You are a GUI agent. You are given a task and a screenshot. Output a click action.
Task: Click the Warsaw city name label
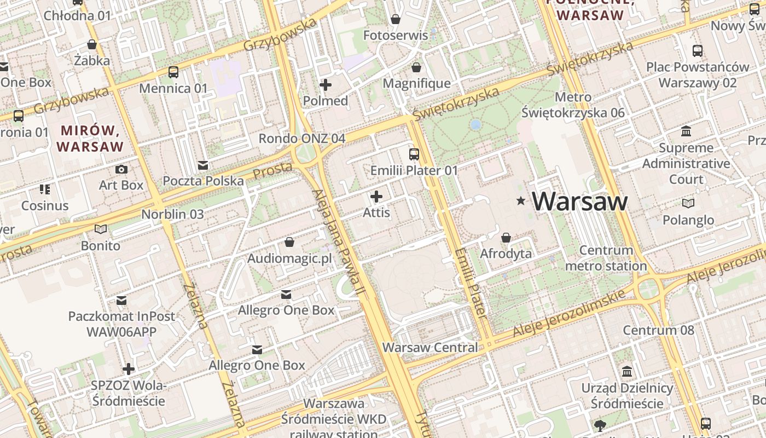(579, 201)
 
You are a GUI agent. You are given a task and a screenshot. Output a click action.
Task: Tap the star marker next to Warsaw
(521, 201)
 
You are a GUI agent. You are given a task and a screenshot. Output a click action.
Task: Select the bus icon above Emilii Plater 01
(414, 154)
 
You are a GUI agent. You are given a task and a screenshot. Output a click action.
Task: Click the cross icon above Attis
(376, 196)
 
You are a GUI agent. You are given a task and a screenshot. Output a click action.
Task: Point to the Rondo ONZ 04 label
(302, 139)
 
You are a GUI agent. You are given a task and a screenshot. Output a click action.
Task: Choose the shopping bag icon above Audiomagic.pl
(289, 241)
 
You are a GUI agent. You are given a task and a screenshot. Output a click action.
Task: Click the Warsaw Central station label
(430, 347)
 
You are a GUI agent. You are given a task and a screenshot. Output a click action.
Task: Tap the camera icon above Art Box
(121, 169)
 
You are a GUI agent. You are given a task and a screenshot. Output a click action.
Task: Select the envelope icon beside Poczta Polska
(203, 165)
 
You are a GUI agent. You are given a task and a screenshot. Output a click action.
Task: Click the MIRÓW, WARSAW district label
(90, 139)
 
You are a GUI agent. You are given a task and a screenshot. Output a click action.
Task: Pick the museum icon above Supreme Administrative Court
(686, 131)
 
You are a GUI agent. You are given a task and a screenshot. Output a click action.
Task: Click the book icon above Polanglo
(688, 203)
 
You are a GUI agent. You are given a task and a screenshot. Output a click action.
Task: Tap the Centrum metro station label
(606, 258)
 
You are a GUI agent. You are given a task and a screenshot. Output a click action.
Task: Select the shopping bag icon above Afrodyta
(506, 238)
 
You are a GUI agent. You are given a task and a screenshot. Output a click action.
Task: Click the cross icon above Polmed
(326, 84)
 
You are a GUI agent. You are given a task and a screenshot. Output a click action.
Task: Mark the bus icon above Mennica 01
(173, 72)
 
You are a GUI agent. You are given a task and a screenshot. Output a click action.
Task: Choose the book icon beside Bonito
(101, 229)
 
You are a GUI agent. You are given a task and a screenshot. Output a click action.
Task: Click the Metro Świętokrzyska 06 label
(573, 105)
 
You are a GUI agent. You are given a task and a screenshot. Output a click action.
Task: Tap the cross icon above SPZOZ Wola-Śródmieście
(129, 369)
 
